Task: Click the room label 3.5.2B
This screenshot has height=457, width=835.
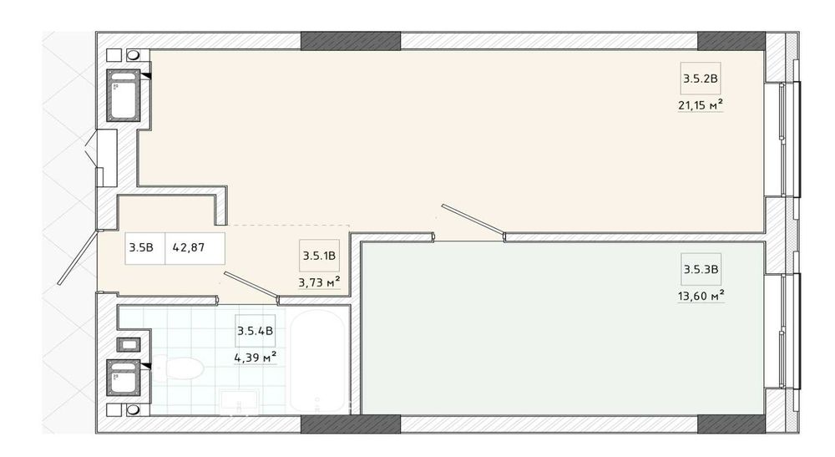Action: click(x=701, y=80)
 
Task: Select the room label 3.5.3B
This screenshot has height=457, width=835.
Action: click(x=701, y=269)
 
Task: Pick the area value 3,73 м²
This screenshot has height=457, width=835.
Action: click(x=319, y=282)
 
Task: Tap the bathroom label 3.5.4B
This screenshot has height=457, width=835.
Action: click(x=255, y=331)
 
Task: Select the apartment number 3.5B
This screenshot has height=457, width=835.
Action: click(x=141, y=246)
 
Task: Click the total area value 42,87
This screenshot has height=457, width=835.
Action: click(x=189, y=246)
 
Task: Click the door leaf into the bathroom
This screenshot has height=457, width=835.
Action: click(x=250, y=285)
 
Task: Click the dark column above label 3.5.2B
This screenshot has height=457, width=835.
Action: click(x=731, y=41)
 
